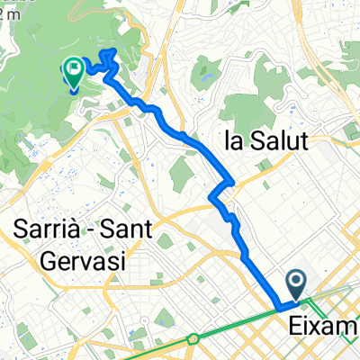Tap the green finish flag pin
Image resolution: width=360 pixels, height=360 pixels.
[71, 71]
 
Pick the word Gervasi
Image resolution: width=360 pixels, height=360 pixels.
[85, 262]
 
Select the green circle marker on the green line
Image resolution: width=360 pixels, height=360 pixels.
[193, 339]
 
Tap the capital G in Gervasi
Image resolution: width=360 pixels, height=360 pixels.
[51, 262]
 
